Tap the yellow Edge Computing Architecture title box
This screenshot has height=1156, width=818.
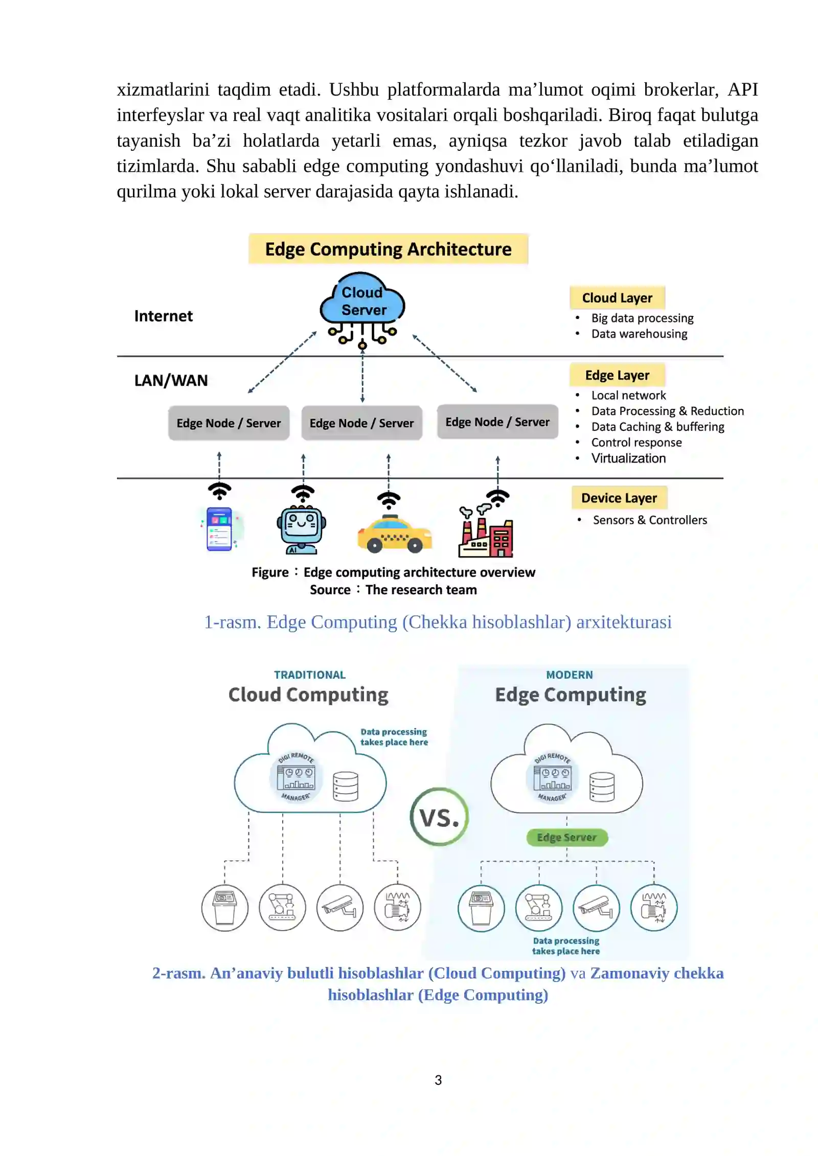(x=388, y=249)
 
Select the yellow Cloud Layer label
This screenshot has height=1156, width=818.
(x=617, y=297)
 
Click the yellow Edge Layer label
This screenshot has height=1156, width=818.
(x=617, y=375)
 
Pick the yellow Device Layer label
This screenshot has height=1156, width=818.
(x=619, y=498)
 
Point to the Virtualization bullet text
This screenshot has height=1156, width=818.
(x=628, y=458)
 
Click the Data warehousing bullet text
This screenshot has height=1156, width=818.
(x=639, y=334)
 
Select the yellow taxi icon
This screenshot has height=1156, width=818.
(x=394, y=535)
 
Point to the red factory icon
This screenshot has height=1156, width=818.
(x=486, y=531)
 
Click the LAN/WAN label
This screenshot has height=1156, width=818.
(x=171, y=381)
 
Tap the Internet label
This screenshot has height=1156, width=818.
(x=163, y=316)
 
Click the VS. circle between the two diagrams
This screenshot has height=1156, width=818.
(x=439, y=817)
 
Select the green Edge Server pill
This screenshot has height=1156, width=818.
(x=567, y=838)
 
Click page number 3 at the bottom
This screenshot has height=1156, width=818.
(x=438, y=1080)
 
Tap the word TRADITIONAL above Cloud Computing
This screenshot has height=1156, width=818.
(x=310, y=675)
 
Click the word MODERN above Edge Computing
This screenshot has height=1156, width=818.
(x=570, y=675)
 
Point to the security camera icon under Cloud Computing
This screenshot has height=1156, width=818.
(x=340, y=908)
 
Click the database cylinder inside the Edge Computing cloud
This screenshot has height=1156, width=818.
(x=602, y=787)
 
